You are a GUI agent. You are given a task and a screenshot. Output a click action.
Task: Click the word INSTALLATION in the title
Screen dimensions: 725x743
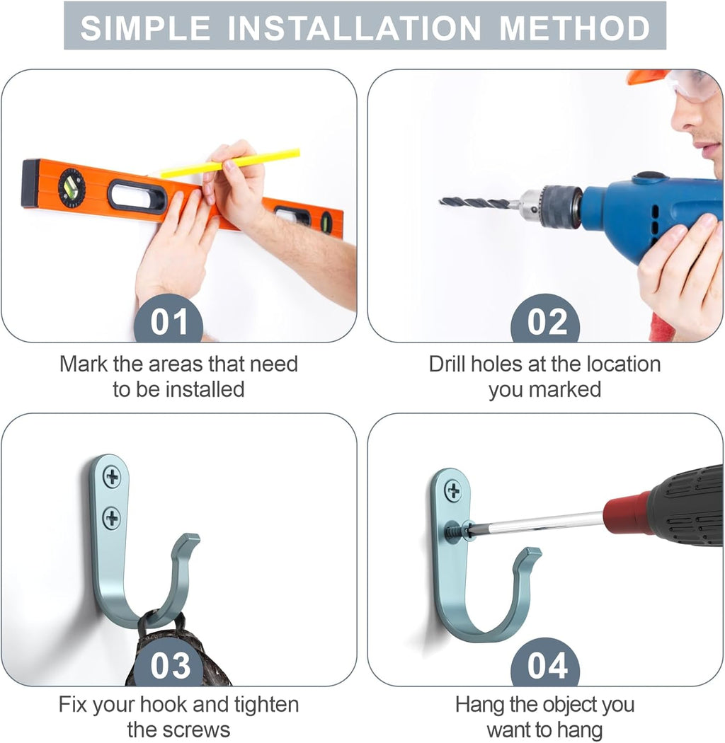point(355,28)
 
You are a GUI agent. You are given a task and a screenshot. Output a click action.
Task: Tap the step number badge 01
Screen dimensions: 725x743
point(169,318)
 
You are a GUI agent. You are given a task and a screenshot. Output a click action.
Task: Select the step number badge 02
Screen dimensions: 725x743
point(546,318)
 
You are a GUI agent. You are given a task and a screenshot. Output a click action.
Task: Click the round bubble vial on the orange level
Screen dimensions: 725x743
point(72,188)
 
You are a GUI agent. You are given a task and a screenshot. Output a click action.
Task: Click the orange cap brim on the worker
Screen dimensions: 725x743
point(648,76)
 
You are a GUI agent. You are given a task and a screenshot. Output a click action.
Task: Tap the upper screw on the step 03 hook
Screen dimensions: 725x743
point(112,477)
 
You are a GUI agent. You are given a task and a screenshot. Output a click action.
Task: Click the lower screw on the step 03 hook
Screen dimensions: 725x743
point(112,517)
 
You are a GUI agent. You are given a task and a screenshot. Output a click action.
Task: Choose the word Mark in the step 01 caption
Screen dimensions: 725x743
point(84,364)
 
